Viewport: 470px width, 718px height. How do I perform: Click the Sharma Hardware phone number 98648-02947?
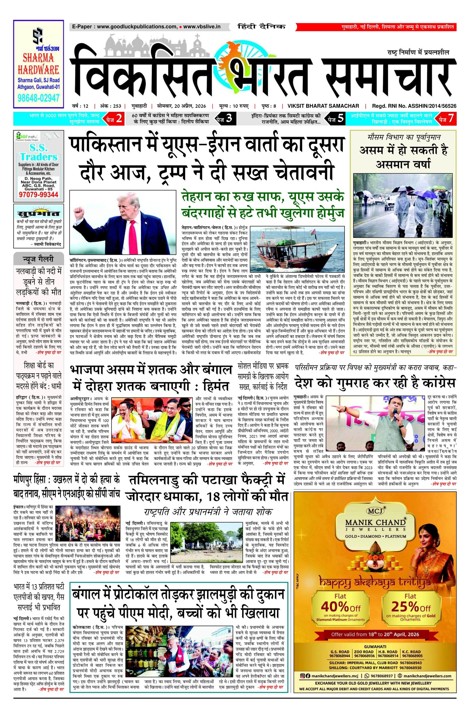click(39, 98)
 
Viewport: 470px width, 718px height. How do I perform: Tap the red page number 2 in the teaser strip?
click(119, 118)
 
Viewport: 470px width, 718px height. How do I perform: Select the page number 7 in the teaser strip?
click(451, 118)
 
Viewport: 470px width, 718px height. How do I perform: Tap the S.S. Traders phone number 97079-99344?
click(39, 195)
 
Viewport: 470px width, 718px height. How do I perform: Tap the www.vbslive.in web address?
click(202, 27)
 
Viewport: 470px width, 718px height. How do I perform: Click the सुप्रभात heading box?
click(39, 214)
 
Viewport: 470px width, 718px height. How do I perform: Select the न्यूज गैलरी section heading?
click(39, 259)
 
